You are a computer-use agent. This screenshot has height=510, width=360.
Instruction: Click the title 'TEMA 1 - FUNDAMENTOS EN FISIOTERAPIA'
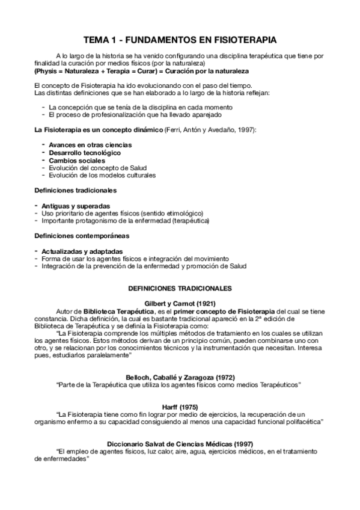pyautogui.click(x=180, y=40)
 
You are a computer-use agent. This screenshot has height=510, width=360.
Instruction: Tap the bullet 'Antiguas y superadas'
pyautogui.click(x=76, y=206)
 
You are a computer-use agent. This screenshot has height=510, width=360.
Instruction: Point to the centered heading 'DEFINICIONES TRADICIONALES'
pyautogui.click(x=180, y=287)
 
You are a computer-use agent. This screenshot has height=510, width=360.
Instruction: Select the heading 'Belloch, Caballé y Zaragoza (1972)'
pyautogui.click(x=180, y=376)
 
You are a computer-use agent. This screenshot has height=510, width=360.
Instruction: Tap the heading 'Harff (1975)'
pyautogui.click(x=180, y=407)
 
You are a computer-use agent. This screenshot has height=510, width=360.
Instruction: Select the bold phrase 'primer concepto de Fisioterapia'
pyautogui.click(x=225, y=310)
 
